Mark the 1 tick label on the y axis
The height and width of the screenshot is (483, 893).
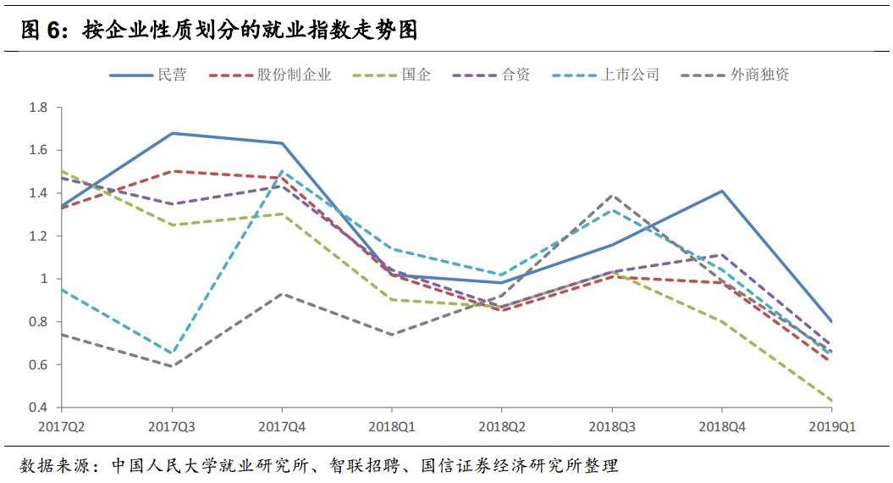(x=43, y=279)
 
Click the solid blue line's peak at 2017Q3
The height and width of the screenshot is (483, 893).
(x=172, y=133)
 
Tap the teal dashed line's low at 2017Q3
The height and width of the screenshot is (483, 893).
(x=172, y=353)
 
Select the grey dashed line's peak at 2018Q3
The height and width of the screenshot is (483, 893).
(x=612, y=195)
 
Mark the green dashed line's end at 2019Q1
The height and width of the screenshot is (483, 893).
(x=832, y=401)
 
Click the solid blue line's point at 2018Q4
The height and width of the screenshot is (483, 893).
(x=722, y=191)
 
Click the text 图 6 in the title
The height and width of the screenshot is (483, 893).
(x=41, y=31)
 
